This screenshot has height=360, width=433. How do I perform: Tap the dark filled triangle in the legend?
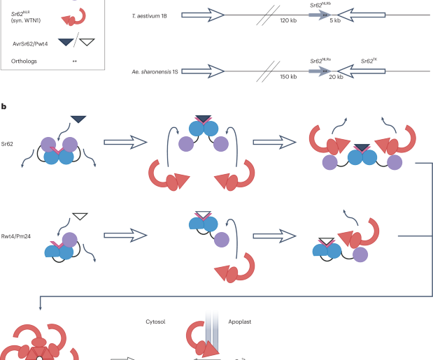(65, 43)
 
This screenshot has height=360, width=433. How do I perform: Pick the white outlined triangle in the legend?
(87, 43)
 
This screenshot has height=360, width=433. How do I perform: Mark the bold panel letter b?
(4, 106)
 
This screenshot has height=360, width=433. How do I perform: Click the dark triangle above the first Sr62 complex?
(78, 120)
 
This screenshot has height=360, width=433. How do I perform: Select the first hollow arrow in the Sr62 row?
(125, 142)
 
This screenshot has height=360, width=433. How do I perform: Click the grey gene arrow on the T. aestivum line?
(311, 14)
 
